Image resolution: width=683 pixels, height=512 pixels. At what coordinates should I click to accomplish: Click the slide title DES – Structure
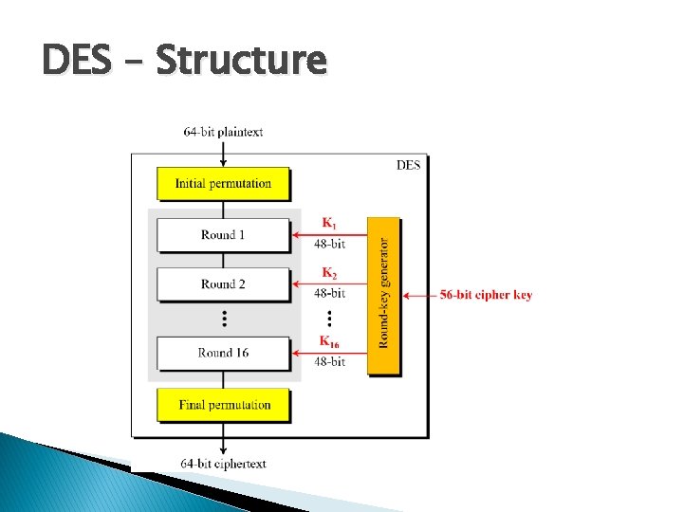(x=184, y=62)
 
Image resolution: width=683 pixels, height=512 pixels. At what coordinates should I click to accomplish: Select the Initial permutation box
(x=223, y=184)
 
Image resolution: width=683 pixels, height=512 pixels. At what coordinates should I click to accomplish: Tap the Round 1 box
(x=223, y=235)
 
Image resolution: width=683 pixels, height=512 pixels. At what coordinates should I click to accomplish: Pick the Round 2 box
(x=223, y=284)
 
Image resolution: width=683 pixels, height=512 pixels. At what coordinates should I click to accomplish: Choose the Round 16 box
(x=223, y=353)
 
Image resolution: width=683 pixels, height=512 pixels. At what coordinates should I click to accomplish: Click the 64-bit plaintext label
(x=223, y=133)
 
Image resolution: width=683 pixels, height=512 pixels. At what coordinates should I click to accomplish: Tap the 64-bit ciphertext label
(x=223, y=464)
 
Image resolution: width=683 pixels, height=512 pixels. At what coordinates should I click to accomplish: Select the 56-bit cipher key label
(x=486, y=295)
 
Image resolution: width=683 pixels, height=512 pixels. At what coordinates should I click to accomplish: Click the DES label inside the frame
(x=408, y=165)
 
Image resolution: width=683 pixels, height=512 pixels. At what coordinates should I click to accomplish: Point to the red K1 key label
(x=328, y=224)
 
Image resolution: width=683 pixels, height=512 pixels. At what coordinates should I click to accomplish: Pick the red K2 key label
(x=328, y=273)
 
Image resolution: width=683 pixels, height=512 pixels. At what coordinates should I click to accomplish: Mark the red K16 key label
(x=329, y=341)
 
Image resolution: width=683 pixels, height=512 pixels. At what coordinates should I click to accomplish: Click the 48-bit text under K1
(x=329, y=245)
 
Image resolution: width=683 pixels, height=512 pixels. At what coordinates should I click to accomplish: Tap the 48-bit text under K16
(x=329, y=362)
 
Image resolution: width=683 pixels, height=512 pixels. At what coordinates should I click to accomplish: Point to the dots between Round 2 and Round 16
(x=224, y=318)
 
